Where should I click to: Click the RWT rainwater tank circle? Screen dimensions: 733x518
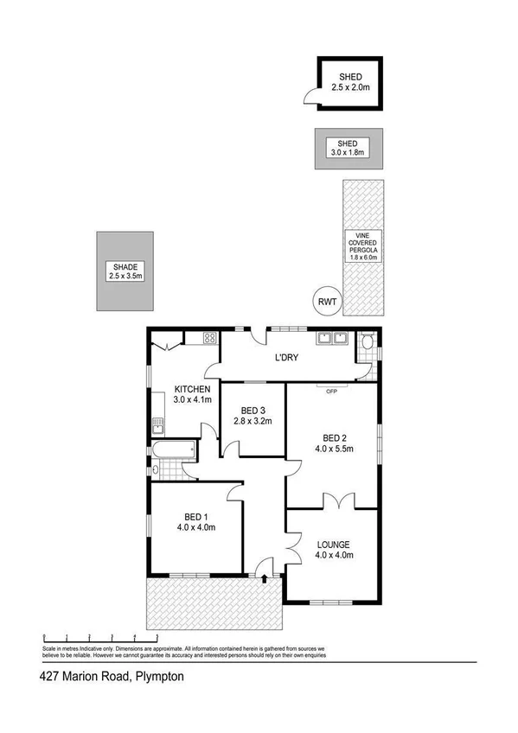click(327, 302)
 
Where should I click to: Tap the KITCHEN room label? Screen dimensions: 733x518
click(192, 389)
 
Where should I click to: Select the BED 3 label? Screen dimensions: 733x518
click(253, 410)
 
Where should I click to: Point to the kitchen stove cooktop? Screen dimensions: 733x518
click(209, 338)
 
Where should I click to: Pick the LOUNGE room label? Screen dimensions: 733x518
click(333, 545)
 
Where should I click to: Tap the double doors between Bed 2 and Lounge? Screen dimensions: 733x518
click(334, 501)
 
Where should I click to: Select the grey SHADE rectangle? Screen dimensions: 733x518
click(125, 271)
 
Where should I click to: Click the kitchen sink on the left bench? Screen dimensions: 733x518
click(157, 424)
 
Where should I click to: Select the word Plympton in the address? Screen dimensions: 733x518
click(158, 679)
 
